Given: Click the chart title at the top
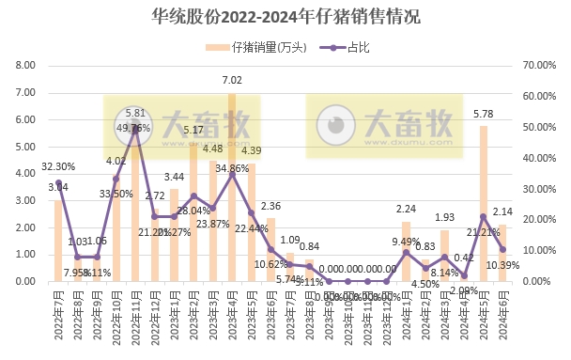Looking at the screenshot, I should point(285,16).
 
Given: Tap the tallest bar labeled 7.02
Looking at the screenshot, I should point(232,188).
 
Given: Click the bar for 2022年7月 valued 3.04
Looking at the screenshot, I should point(58,241).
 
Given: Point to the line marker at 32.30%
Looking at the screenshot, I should point(58,182).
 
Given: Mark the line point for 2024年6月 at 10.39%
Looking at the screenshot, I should point(503,249).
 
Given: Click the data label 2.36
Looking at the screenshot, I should point(270,206).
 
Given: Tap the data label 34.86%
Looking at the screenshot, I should point(232,168).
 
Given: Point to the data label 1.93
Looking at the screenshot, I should point(444,217).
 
